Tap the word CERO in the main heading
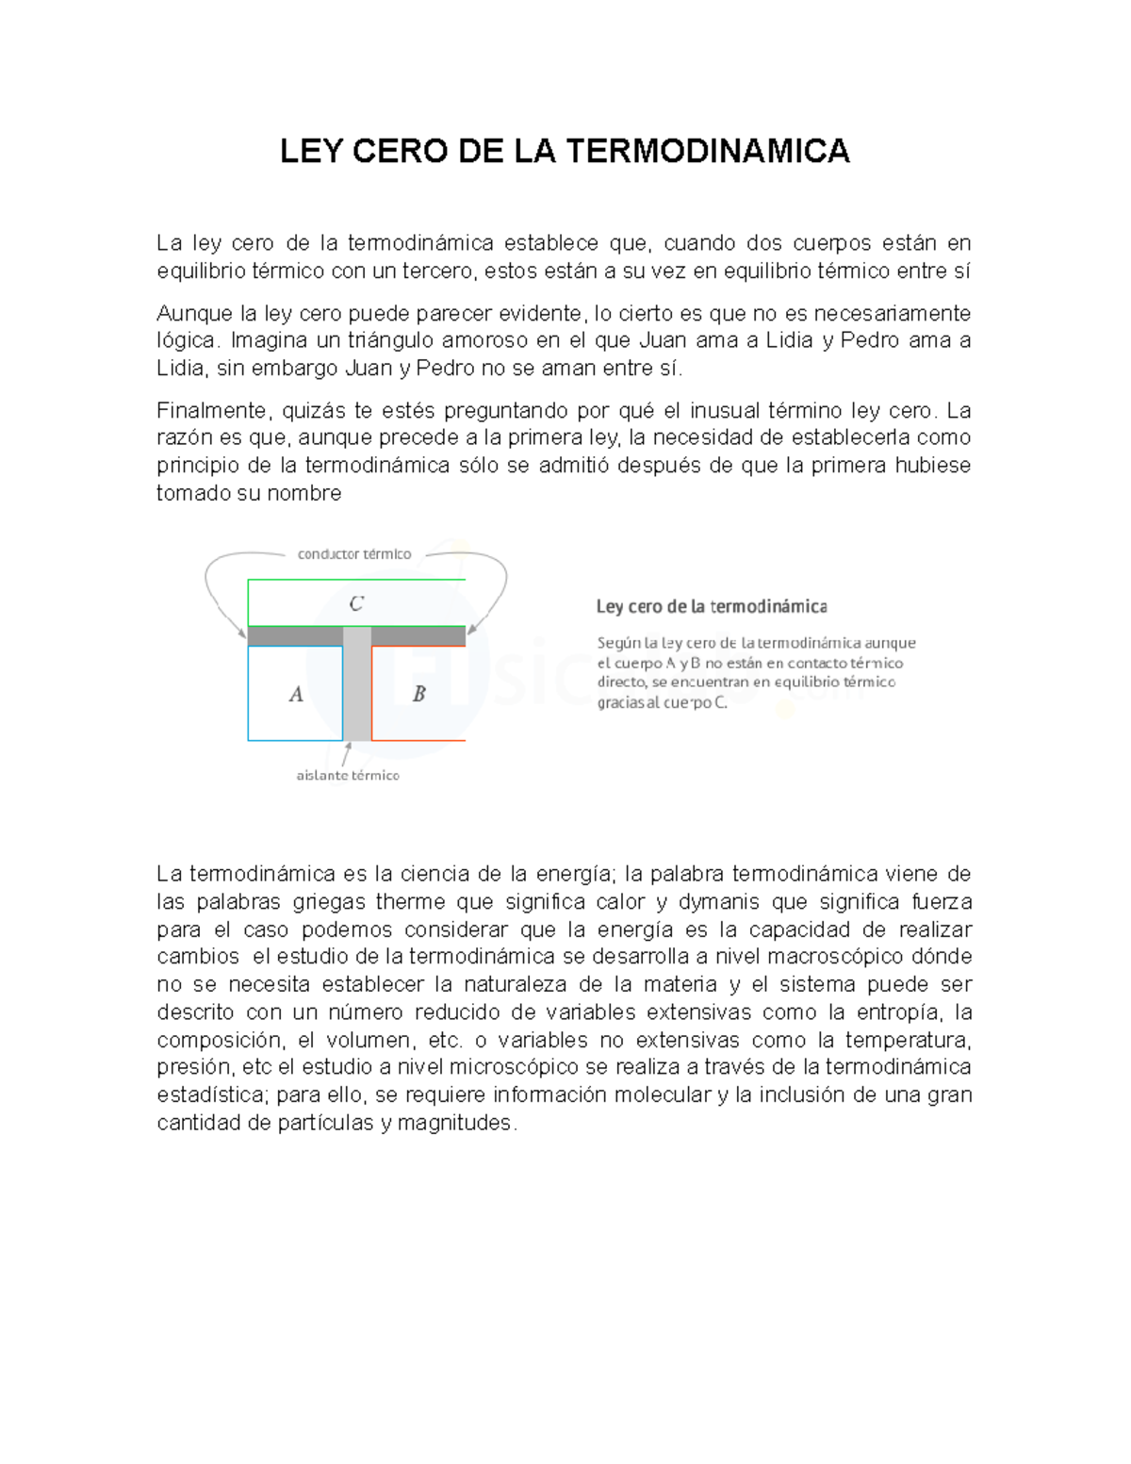point(402,151)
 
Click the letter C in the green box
point(356,603)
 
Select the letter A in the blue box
point(296,695)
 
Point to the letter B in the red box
point(419,694)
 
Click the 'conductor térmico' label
point(354,554)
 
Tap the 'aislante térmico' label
point(348,776)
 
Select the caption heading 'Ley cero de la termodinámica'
point(712,606)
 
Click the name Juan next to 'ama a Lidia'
point(663,340)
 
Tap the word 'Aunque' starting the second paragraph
point(194,313)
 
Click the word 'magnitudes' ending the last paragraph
point(455,1123)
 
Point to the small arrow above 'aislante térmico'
point(347,753)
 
